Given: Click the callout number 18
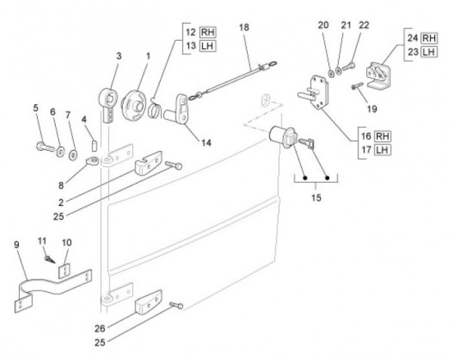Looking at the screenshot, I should click(x=244, y=27).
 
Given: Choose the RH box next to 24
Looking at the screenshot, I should click(x=429, y=38).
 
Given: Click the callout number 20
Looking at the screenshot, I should click(x=324, y=25).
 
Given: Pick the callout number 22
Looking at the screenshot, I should click(x=365, y=25).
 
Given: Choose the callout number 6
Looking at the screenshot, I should click(x=53, y=112).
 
